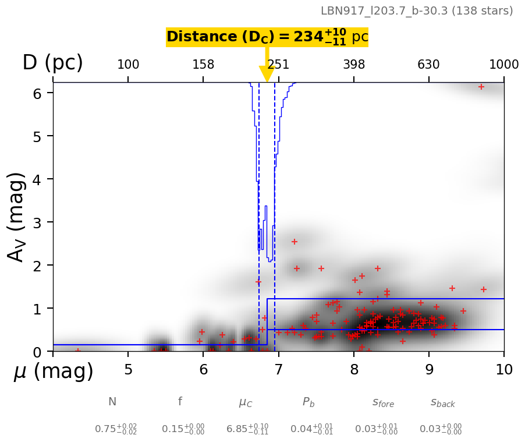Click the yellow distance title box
tap(267, 37)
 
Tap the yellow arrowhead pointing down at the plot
tap(267, 74)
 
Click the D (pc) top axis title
tap(52, 63)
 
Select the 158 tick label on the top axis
tap(203, 65)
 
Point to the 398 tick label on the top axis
tap(354, 65)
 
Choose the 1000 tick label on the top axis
tap(503, 65)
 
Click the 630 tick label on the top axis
tap(428, 65)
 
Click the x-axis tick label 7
tap(279, 370)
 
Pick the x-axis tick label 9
tap(429, 370)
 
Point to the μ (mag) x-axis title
tap(54, 372)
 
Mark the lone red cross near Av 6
tap(481, 87)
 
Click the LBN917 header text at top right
tap(417, 11)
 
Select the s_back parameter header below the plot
tap(442, 402)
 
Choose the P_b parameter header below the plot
tap(308, 402)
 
